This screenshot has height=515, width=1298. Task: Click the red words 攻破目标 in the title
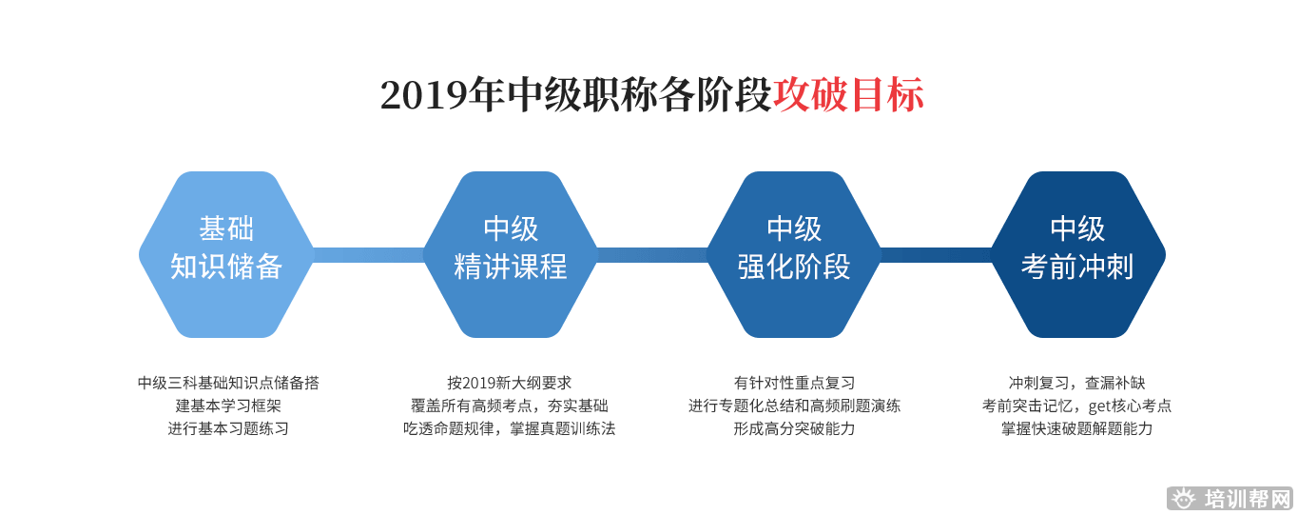point(848,95)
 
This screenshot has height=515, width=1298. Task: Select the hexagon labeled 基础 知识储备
point(226,253)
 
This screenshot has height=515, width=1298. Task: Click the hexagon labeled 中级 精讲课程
point(511,253)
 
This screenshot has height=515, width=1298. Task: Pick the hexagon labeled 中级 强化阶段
point(794,253)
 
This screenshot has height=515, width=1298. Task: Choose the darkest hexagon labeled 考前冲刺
point(1077,253)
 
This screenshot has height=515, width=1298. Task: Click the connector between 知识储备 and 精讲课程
point(368,254)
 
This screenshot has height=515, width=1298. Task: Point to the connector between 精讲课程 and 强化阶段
point(652,254)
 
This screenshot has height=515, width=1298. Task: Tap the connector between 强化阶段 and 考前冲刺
point(936,254)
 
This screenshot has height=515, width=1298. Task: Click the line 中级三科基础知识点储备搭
point(228,383)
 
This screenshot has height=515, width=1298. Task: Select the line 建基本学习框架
point(228,406)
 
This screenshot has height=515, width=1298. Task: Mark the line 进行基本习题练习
point(228,428)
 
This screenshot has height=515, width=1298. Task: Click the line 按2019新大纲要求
point(510,383)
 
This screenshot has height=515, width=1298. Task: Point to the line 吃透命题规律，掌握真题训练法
point(510,428)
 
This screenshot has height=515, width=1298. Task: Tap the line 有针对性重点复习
point(794,383)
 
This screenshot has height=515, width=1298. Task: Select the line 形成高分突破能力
point(794,428)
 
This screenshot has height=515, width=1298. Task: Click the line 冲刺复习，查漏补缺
point(1076,383)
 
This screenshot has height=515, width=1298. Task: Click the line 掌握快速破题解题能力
point(1076,428)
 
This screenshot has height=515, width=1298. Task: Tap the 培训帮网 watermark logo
point(1230,499)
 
